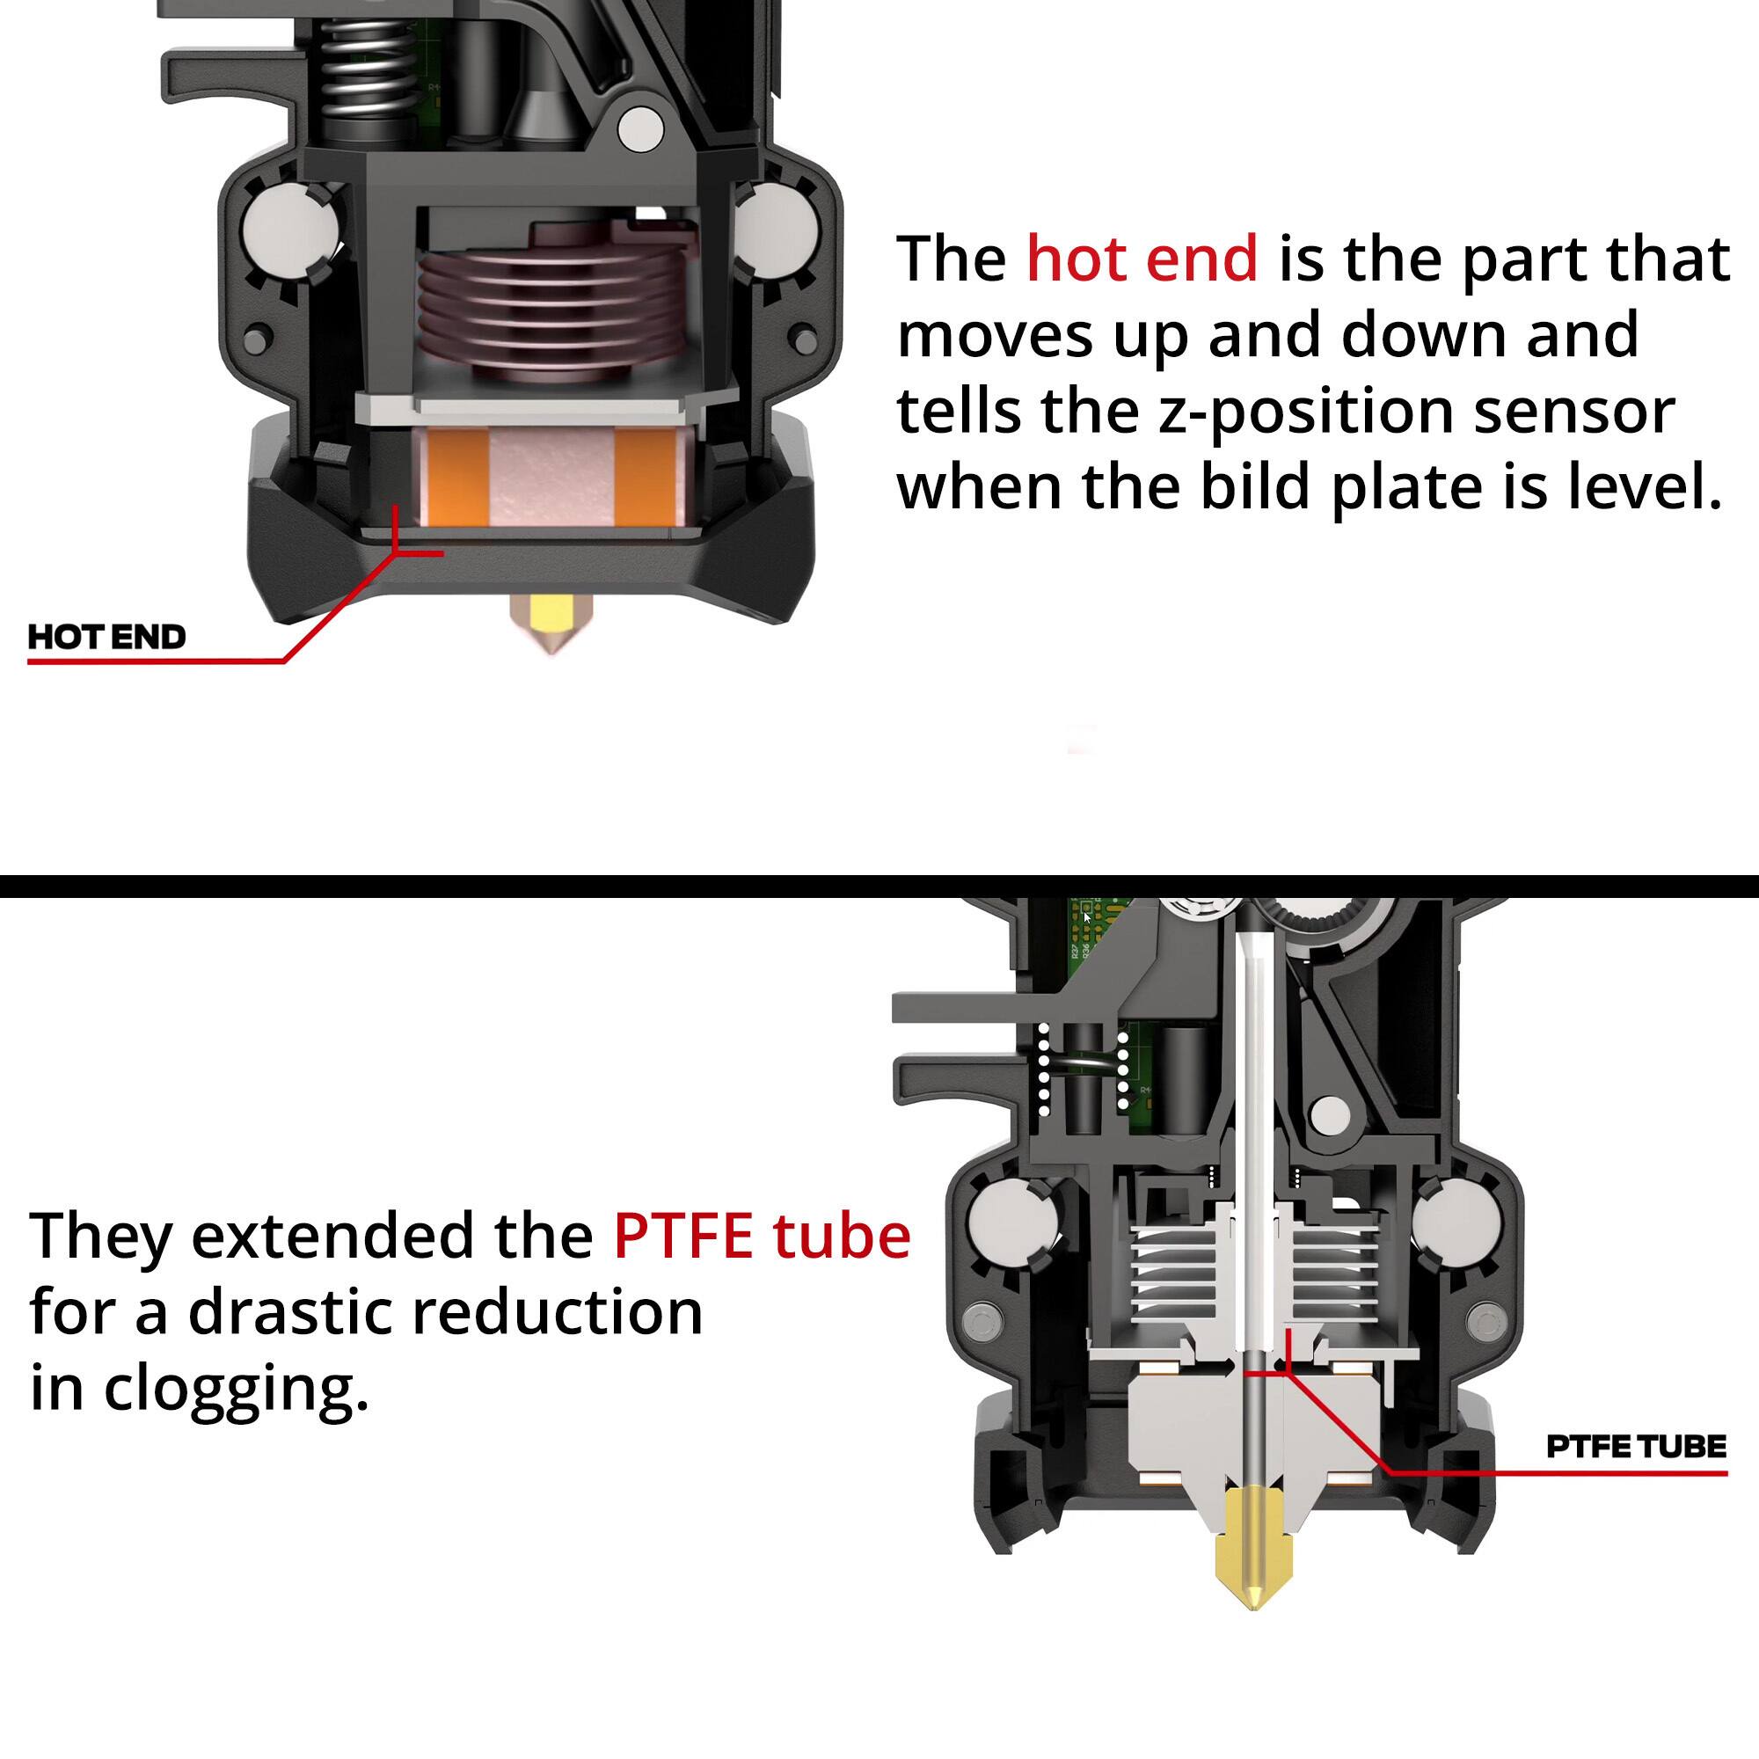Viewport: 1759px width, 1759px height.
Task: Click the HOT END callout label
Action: point(106,637)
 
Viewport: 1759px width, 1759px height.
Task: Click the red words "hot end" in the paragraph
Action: point(1142,259)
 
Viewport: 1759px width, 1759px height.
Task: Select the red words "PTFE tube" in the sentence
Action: point(762,1236)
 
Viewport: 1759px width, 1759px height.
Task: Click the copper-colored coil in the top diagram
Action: point(550,310)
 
